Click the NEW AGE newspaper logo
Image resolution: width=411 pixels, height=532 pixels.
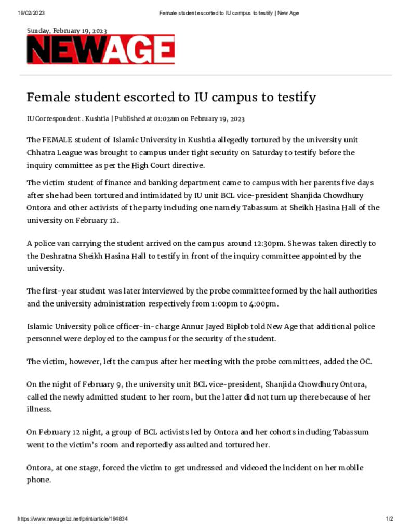pyautogui.click(x=101, y=50)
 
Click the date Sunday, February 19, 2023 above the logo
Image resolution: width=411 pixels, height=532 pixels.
pyautogui.click(x=67, y=31)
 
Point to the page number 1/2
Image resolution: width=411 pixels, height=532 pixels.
pyautogui.click(x=390, y=519)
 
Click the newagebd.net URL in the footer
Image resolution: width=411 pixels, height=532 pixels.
pyautogui.click(x=73, y=519)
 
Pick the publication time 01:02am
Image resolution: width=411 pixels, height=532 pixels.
pyautogui.click(x=166, y=119)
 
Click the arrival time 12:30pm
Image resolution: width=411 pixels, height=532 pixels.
pyautogui.click(x=265, y=243)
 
